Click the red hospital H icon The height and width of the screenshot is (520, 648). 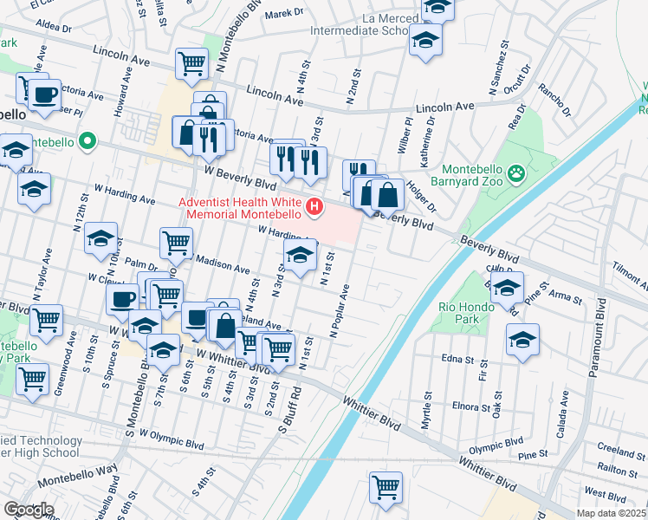coord(315,208)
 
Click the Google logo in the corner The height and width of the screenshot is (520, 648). coord(29,510)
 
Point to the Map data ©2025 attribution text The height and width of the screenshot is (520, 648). coord(611,513)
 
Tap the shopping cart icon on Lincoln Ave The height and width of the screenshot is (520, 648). coord(191,62)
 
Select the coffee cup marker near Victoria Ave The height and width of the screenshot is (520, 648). coord(43,94)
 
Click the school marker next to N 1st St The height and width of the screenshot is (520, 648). coord(300,256)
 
